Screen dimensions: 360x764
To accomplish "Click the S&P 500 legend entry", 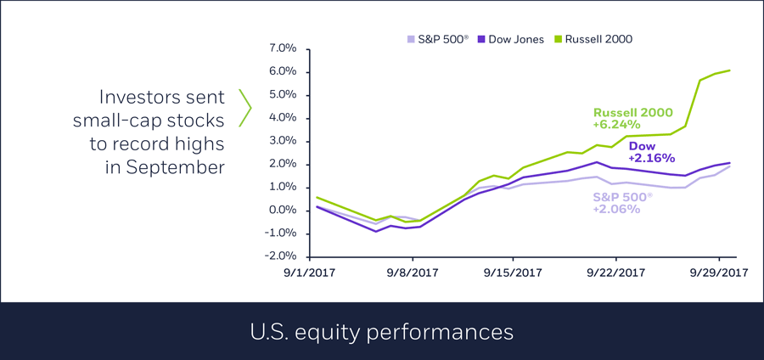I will pos(439,39).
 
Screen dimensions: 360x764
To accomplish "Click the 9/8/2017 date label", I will pos(413,273).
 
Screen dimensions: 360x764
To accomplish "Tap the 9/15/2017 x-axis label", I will pos(513,273).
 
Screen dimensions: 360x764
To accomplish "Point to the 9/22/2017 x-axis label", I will pos(615,273).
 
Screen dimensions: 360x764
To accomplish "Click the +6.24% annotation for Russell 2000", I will pos(615,124).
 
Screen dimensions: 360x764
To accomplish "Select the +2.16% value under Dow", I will pos(651,157).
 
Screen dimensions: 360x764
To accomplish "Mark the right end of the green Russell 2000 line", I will pos(730,70).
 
